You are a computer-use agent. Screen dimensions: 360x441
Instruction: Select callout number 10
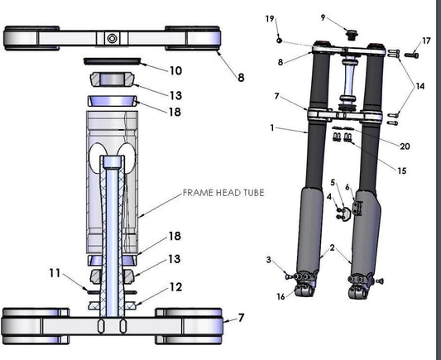click(x=175, y=72)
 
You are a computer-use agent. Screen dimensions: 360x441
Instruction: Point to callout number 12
click(x=175, y=287)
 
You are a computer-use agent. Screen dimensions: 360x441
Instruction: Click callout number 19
click(x=270, y=18)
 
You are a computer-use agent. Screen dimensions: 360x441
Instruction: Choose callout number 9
click(x=323, y=17)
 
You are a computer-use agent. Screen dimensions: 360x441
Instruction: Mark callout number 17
click(x=426, y=41)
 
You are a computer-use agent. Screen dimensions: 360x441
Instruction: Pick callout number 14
click(x=420, y=85)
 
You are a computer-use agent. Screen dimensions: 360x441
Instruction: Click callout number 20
click(x=405, y=146)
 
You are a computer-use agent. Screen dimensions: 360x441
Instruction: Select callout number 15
click(x=401, y=171)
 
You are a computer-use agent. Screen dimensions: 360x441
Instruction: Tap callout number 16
click(x=280, y=295)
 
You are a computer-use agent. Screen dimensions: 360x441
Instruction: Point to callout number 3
click(x=269, y=261)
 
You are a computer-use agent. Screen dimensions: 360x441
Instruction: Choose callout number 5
click(x=333, y=182)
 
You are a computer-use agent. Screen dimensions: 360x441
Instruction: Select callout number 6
click(x=348, y=187)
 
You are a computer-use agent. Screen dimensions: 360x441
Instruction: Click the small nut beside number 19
click(x=280, y=39)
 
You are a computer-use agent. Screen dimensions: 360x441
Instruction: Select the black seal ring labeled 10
click(x=114, y=61)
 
